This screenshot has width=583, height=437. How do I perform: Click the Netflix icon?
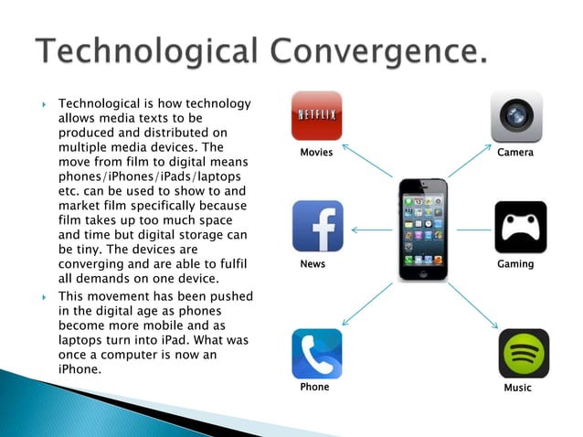pos(316,116)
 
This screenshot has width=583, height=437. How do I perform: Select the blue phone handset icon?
pos(316,354)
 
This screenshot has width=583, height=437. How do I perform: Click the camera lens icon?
pos(517,116)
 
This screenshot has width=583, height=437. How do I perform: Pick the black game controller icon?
pos(520,227)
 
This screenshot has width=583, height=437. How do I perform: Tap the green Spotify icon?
pos(524,354)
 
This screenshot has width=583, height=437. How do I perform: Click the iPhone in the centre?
pos(424,229)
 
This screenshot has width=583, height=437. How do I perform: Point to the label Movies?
pos(316,153)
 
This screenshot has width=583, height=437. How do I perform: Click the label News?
pos(313,264)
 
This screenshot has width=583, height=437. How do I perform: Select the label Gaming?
pos(515,264)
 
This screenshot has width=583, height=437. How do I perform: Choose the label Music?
pos(517,389)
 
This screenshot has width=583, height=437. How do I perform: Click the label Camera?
pos(515,153)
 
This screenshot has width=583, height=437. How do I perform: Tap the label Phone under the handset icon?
pos(314,388)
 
